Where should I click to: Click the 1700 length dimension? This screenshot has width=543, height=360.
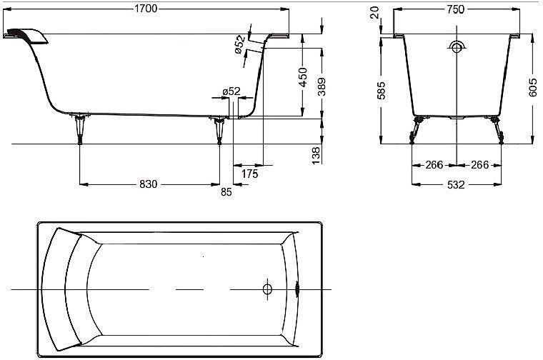point(146,9)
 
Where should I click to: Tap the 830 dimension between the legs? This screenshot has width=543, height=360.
point(148,184)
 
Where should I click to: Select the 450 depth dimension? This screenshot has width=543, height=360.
point(302,77)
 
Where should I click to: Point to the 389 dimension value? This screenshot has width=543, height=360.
point(322,86)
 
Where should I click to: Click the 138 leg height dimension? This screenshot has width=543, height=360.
point(317,155)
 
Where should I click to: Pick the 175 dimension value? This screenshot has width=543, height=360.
point(249,174)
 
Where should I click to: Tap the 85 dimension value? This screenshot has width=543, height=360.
point(226,191)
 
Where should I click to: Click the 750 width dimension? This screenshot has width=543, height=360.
point(455,9)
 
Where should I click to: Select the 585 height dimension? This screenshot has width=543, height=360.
point(382,90)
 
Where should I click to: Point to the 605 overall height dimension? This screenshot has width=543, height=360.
point(533,88)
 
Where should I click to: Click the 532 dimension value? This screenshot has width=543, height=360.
point(456,185)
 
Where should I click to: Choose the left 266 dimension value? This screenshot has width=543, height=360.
point(434,165)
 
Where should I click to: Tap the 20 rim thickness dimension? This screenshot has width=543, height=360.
point(374,13)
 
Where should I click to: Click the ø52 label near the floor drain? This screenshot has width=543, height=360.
point(231,91)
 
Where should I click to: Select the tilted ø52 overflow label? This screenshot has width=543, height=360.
point(239,44)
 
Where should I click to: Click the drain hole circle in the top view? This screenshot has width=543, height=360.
point(267,289)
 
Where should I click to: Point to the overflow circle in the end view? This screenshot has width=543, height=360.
point(457,46)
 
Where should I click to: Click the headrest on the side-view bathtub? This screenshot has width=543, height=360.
point(26,36)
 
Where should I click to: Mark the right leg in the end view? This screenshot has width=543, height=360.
point(497,130)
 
